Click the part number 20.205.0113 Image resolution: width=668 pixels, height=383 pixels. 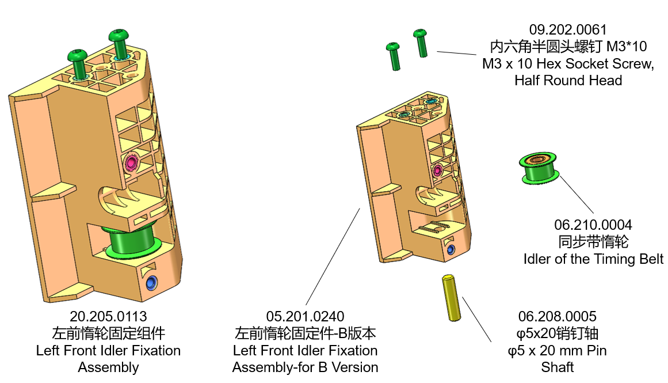[108, 316]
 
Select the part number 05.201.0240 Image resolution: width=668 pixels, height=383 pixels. [305, 316]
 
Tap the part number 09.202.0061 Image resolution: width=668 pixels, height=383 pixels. [568, 29]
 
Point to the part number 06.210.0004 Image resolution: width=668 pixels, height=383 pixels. [593, 225]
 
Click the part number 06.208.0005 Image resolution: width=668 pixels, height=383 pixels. [557, 316]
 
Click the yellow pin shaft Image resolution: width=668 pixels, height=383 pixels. [451, 298]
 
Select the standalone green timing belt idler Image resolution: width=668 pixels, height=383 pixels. [539, 169]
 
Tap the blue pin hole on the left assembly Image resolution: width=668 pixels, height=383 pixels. [151, 283]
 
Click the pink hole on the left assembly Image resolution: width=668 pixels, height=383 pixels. [132, 162]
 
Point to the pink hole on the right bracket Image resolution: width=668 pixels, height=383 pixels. [437, 169]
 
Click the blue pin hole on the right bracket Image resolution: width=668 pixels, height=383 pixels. [451, 249]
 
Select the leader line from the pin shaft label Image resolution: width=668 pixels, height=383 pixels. [476, 320]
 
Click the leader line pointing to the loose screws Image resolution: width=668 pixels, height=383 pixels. [461, 53]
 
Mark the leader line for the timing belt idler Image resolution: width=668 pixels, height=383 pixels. [577, 195]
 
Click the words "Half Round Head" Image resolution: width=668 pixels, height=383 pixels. [568, 80]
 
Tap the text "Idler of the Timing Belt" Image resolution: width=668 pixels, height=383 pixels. [593, 259]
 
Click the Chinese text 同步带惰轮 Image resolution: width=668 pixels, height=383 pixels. [593, 241]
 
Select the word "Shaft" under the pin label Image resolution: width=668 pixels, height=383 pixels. [557, 367]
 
